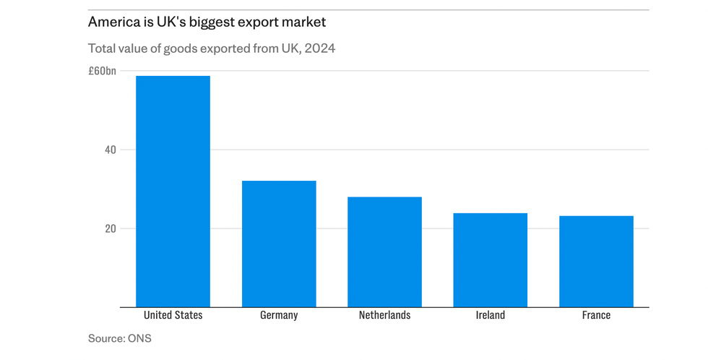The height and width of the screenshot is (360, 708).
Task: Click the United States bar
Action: coord(173,192)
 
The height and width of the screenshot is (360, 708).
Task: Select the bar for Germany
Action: coord(279,244)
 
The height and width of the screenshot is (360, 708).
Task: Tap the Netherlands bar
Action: coord(384,252)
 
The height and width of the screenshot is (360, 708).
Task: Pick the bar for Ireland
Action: coord(490,260)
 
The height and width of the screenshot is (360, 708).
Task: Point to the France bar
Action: coord(596,261)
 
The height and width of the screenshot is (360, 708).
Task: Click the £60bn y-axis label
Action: coord(102,72)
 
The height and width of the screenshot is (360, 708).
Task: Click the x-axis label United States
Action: coord(173,315)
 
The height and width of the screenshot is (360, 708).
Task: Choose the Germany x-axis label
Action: coord(279,315)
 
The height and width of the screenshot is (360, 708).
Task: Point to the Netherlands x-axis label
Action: coord(384,315)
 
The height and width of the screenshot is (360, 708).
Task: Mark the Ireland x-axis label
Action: coord(490,315)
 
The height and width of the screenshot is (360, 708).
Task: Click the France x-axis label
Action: coord(596,315)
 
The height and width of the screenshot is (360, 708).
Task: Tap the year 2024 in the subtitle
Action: coord(319,49)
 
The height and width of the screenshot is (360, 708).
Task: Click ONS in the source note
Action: coord(139,338)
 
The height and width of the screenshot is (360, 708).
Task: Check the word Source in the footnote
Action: coord(105,338)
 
